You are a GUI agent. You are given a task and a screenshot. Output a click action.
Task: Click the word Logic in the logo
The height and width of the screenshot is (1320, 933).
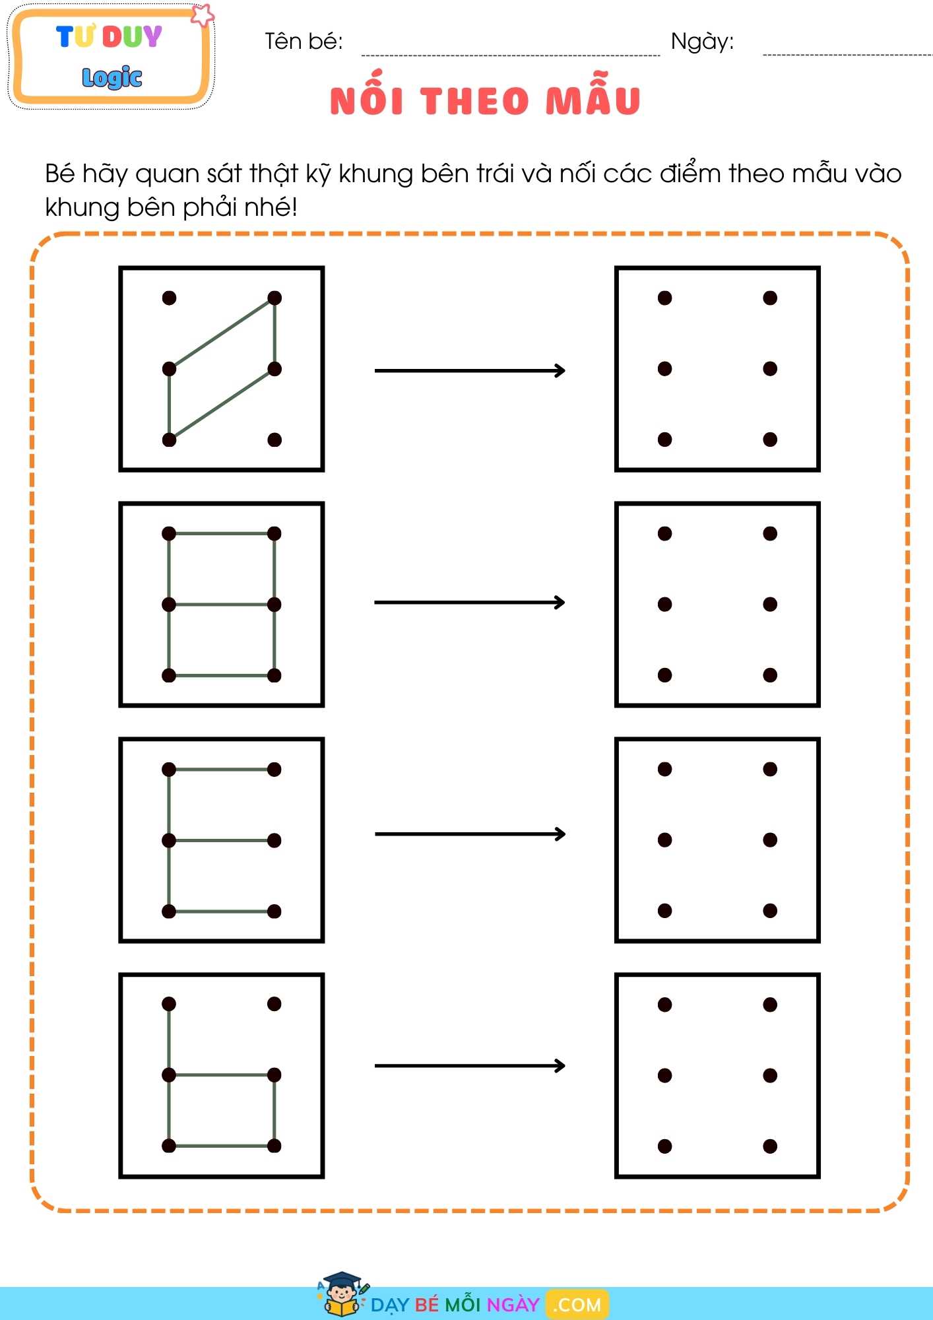coord(112,77)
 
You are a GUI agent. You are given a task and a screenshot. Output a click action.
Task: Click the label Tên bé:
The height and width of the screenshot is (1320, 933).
coord(304,42)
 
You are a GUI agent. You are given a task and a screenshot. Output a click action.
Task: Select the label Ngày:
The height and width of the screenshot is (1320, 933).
coord(702,42)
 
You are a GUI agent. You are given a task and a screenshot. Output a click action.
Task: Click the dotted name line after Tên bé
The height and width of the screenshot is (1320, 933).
coord(511,55)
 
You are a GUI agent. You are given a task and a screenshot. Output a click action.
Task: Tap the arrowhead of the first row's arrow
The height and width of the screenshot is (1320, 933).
coord(560,370)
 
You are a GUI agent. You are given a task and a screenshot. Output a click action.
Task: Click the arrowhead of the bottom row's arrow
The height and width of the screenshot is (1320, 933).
coord(560,1065)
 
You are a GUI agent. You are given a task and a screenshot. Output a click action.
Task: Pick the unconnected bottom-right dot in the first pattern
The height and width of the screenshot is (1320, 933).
coord(274,440)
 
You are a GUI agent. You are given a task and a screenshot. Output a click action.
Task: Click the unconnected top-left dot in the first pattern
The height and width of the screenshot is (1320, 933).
coord(169,298)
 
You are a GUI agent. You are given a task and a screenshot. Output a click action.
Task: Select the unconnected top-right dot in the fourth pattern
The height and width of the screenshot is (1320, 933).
coord(274,1004)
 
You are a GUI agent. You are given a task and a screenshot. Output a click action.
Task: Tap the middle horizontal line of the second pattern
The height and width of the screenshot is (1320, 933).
coord(222,604)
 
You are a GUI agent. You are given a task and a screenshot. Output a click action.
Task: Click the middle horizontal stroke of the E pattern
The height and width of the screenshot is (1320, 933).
coord(222,840)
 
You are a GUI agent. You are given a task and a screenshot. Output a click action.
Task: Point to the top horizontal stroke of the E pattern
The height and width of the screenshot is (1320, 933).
coord(222,769)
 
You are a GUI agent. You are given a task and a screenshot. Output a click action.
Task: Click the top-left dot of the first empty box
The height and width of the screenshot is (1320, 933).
coord(664,298)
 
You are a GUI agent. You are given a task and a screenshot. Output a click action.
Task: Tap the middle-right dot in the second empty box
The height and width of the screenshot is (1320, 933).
coord(770,604)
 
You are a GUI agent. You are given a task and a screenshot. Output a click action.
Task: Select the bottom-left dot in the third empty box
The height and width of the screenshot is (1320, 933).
coord(664,911)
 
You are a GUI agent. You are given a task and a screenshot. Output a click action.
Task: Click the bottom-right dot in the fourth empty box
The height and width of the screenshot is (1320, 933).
coord(770,1146)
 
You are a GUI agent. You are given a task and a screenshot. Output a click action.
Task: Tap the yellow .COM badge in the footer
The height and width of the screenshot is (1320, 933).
coord(577,1305)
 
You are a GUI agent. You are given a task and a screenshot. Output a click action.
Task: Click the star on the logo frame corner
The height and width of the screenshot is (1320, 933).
coord(203,15)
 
